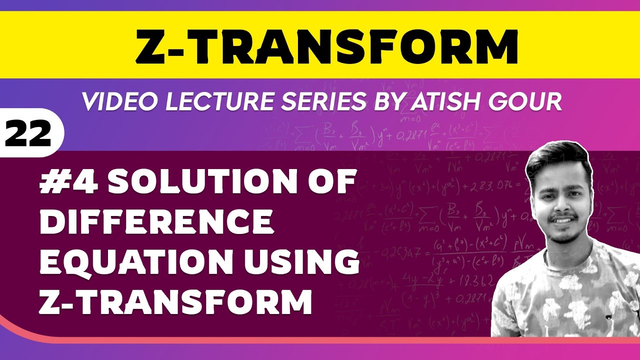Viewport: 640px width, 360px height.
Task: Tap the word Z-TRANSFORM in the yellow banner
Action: (x=327, y=46)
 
